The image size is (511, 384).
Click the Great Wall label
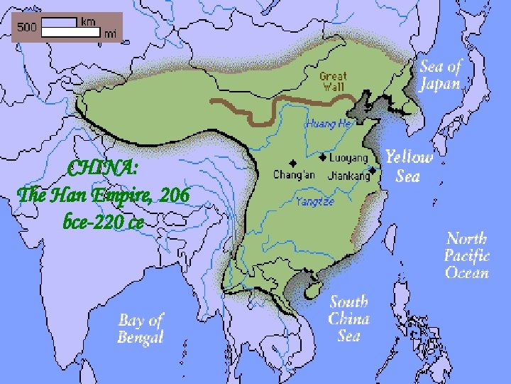(333, 82)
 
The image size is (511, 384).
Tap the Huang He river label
(329, 123)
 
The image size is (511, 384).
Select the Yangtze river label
(314, 201)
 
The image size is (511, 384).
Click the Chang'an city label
(293, 174)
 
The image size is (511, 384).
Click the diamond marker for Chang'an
(292, 162)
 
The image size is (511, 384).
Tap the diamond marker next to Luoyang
(322, 157)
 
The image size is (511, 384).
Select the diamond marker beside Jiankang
(373, 171)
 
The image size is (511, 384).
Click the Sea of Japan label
(440, 75)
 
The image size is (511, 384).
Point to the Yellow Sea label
(408, 166)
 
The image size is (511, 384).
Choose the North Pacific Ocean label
(466, 255)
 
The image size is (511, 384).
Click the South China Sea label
(348, 319)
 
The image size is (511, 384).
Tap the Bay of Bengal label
(141, 329)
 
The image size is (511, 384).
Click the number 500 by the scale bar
(27, 27)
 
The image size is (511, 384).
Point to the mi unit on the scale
(110, 33)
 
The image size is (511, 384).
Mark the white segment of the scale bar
(59, 23)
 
